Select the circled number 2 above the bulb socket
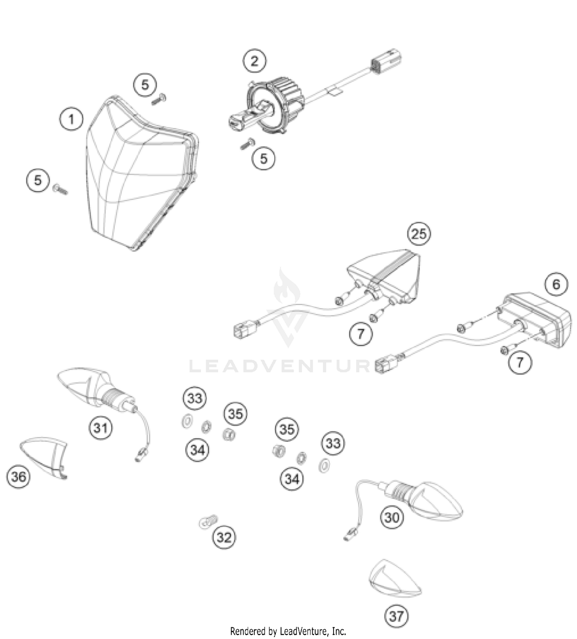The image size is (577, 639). pos(254,60)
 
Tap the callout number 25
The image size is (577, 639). pos(419,233)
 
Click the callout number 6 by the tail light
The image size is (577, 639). pos(556,284)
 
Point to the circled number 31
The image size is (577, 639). pos(101,428)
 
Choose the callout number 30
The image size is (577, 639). pos(392,517)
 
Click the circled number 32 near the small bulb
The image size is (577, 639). pos(224,537)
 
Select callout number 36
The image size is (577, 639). pos(18,477)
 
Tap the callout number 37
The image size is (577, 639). pos(396,616)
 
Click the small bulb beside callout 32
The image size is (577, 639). pos(208,522)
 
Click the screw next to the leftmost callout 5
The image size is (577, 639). pos(60,189)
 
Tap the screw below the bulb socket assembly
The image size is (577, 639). pos(247,144)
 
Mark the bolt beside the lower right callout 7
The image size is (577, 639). pos(504,350)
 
